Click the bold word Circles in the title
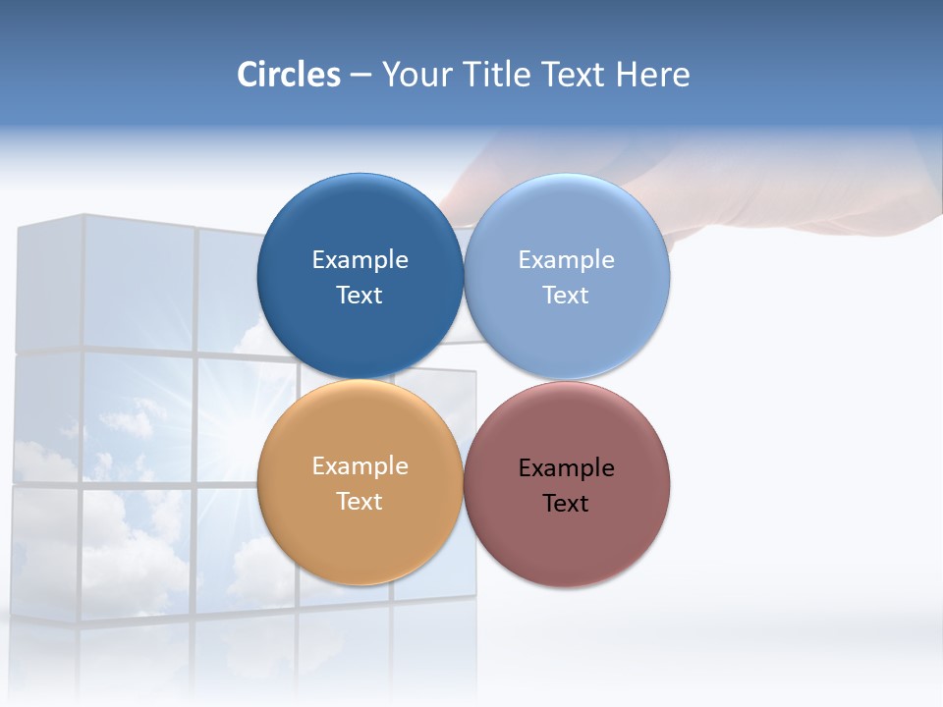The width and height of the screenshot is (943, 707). (288, 75)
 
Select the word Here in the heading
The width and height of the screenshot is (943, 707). (652, 75)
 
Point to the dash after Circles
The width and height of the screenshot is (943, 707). (361, 76)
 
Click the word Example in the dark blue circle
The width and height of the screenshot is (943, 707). (360, 260)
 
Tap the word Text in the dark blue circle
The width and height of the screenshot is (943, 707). (360, 296)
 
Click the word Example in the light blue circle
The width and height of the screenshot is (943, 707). (566, 260)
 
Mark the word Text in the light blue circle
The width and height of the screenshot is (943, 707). (566, 296)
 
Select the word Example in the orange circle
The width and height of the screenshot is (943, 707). (360, 466)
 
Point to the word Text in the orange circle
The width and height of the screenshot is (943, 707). (360, 502)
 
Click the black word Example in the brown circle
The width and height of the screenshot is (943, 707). (566, 468)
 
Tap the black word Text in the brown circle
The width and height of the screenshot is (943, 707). (566, 504)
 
